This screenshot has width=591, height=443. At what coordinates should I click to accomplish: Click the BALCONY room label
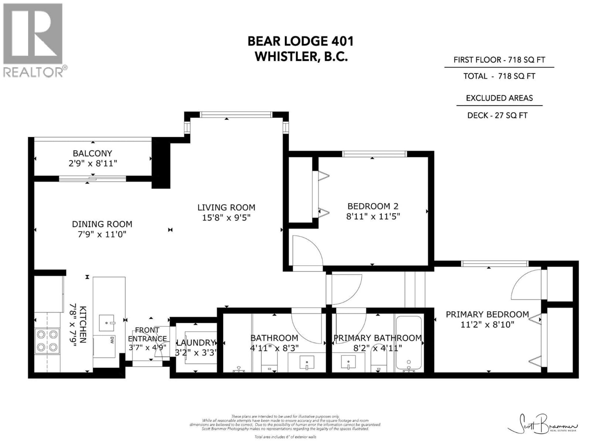click(92, 153)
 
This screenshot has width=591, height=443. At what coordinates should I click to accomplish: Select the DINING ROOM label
click(102, 224)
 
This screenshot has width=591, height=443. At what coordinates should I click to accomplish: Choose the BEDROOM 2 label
click(373, 206)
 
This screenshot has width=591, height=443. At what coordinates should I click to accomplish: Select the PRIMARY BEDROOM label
click(487, 314)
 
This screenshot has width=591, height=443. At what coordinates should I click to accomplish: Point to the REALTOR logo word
click(33, 72)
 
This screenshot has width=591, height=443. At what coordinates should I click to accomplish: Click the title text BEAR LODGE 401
click(301, 41)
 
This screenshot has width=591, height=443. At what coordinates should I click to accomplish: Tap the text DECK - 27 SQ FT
click(497, 115)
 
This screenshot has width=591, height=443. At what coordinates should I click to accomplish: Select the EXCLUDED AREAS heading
click(499, 98)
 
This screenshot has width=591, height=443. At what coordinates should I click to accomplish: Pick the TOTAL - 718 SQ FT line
click(499, 76)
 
